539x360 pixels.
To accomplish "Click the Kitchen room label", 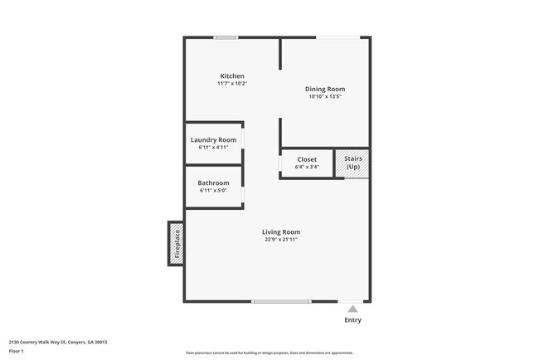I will pos(232,76).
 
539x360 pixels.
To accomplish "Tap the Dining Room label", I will pos(326,89).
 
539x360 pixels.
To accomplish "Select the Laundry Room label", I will pos(213,140).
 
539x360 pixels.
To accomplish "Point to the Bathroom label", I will pos(213,182).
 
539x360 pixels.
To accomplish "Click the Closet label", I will pos(307,159).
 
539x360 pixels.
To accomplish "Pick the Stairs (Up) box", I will pos(353,163).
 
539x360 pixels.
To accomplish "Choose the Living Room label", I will pos(281,232).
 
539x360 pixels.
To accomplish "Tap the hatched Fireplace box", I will pos(176,243).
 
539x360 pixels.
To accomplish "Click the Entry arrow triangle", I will pos(352,309).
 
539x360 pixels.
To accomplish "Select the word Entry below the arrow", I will pos(352,320).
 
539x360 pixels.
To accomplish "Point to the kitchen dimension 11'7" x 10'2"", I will pos(232,84).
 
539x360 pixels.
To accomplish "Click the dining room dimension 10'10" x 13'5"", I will pos(326,96).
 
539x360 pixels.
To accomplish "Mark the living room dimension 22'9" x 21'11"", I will pos(281,240).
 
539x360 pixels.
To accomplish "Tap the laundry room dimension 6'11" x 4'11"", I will pos(213,148).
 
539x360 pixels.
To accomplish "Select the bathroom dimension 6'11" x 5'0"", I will pos(213,190).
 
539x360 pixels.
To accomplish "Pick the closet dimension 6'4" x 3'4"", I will pos(307,167).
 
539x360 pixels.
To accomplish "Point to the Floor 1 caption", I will pos(17,351).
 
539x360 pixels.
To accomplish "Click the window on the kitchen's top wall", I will pos(226,37).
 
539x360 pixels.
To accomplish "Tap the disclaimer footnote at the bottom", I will pos(269,353).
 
